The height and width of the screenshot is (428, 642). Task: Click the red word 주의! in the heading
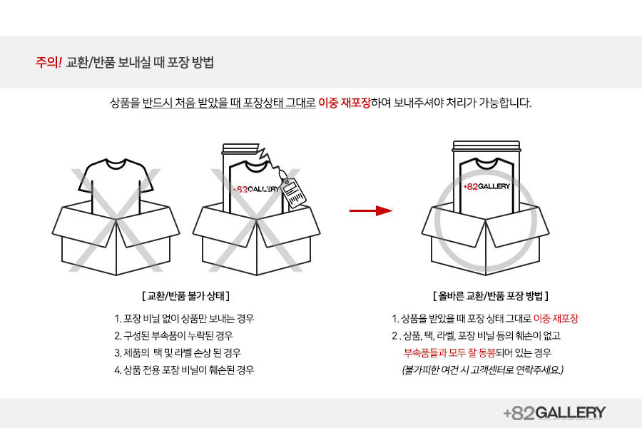[49, 62]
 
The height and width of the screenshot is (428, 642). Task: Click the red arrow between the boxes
[370, 211]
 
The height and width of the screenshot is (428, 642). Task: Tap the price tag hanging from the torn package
[293, 193]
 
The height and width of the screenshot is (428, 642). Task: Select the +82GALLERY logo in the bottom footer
[554, 413]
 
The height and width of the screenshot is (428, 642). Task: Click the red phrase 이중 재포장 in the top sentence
[345, 103]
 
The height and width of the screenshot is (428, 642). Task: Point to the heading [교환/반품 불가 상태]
[185, 296]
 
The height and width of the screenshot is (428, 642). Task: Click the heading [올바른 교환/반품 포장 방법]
[491, 296]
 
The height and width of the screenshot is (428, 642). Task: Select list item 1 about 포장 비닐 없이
[184, 319]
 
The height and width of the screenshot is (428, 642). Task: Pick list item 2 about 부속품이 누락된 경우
[173, 336]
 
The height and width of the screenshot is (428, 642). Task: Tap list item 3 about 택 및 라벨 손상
[178, 353]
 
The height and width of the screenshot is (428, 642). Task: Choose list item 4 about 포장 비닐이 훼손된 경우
[184, 370]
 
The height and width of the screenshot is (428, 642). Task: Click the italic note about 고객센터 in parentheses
[483, 370]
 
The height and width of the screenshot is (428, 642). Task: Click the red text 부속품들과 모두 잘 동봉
[449, 352]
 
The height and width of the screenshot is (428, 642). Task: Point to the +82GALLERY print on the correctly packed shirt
[486, 186]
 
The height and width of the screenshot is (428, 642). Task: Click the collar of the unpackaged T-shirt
[116, 163]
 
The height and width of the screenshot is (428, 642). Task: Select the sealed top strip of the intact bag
[486, 146]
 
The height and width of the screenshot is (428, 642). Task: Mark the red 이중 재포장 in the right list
[556, 319]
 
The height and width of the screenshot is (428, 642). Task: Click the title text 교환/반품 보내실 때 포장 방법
[140, 62]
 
